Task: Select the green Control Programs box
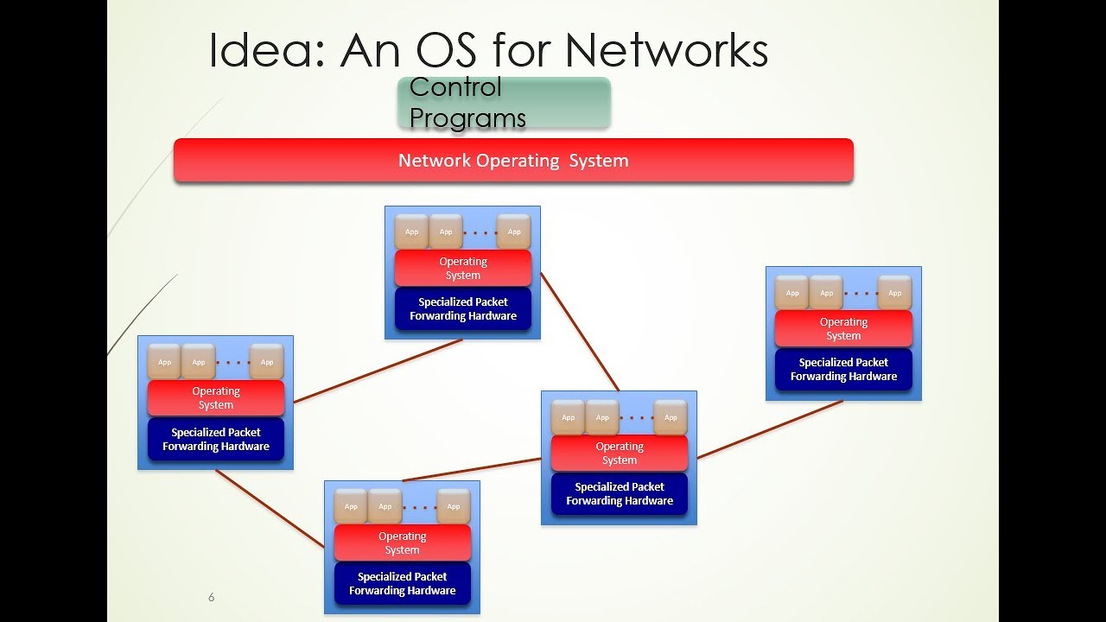504,103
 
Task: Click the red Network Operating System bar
513,161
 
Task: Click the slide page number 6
211,597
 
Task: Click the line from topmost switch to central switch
579,331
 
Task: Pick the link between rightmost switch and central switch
769,429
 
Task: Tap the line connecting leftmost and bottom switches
269,508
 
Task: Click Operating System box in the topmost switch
463,269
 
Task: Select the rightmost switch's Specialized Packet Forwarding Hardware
843,370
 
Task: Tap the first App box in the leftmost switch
164,362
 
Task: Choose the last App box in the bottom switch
454,506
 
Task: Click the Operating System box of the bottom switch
402,543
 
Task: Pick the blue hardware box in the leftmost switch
216,440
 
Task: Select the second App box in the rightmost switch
826,293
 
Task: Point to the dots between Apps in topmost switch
480,232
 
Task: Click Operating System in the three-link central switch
620,454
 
